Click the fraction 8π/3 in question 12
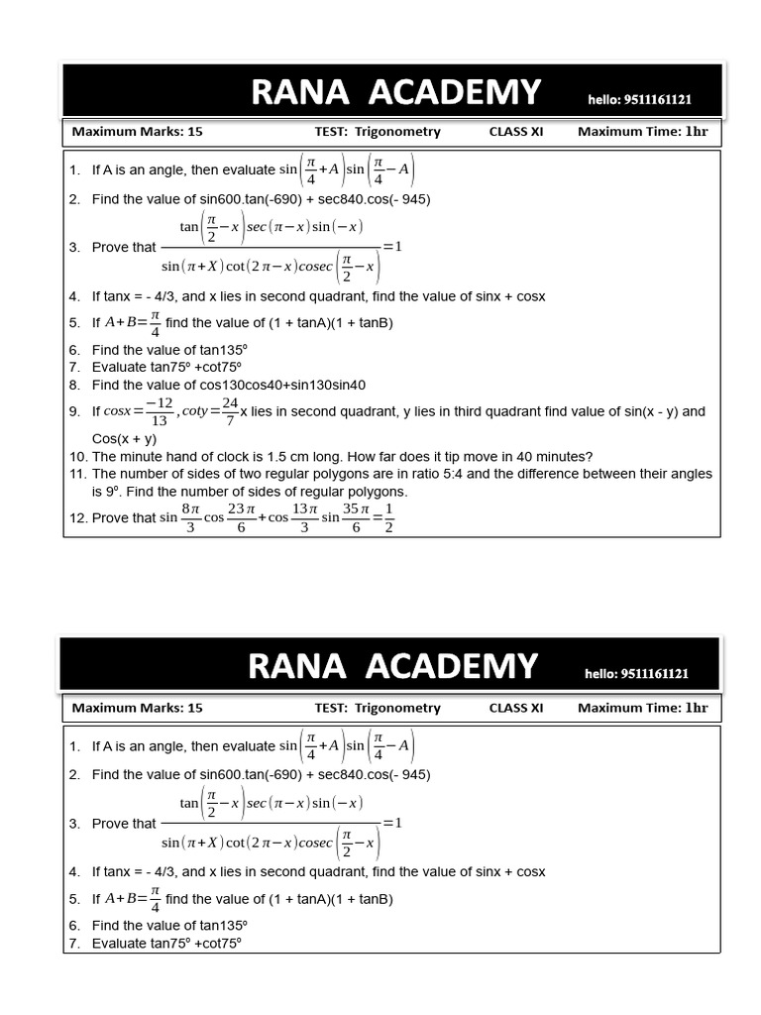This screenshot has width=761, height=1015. (x=191, y=517)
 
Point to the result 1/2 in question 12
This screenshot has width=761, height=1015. (x=389, y=517)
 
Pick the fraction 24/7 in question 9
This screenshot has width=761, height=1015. (x=230, y=411)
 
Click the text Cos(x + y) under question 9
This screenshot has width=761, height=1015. (x=125, y=438)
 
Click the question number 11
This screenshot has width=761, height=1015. (x=77, y=474)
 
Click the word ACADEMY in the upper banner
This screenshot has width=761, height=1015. (x=454, y=92)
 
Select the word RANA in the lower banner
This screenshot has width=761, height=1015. (x=297, y=666)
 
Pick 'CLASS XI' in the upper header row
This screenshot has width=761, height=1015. (x=516, y=132)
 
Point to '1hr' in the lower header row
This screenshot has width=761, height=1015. (x=697, y=708)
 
